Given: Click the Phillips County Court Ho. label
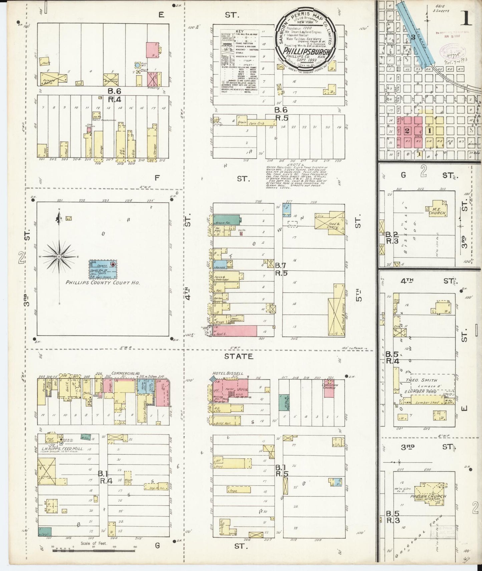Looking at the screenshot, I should click(102, 282).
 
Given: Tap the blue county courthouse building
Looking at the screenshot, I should click(103, 269).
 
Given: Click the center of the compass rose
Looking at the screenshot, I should click(59, 257).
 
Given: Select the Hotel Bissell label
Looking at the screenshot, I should click(228, 373).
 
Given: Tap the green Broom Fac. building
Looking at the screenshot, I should click(226, 220).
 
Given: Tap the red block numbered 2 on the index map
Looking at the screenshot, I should click(407, 131).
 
